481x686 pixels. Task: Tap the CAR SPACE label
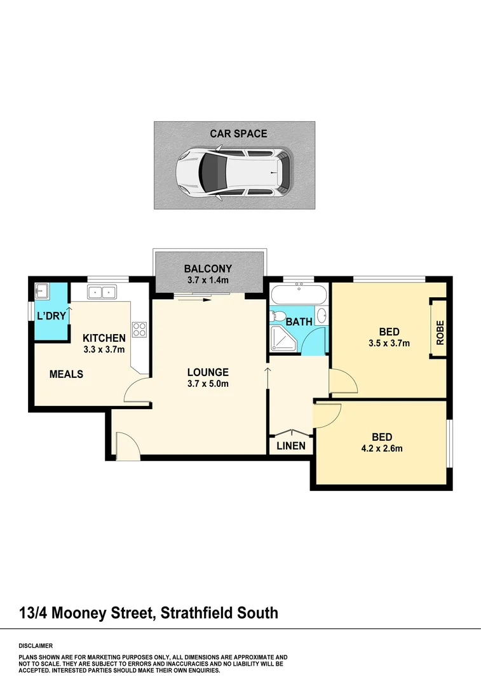coord(239,134)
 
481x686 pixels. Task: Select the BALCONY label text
coord(208,269)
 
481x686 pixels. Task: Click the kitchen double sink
coord(101,292)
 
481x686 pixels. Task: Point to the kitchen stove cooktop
coord(139,329)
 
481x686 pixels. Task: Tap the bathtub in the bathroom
coord(299,295)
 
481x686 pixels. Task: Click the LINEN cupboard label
coord(291,446)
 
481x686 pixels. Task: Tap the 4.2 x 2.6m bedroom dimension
coord(381,448)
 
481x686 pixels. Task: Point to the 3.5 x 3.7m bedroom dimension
coord(388,344)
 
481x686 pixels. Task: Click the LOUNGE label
coord(208,372)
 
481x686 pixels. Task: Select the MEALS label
coord(66,374)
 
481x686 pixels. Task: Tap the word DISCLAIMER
coord(36,645)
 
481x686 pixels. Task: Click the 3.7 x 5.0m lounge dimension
coord(208,383)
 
